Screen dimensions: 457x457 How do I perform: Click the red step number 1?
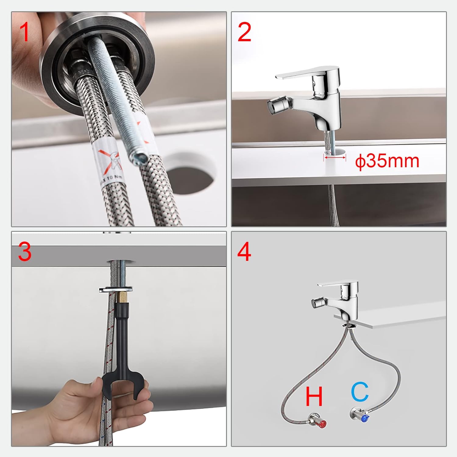pos(24,33)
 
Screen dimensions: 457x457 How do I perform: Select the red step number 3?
pos(24,252)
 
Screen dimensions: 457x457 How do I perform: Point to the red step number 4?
pos(244,252)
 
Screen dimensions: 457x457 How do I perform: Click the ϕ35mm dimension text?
pos(387,161)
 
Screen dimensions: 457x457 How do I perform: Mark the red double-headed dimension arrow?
pos(335,157)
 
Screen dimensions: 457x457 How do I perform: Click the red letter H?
pos(314,396)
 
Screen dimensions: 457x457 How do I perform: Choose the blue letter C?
pos(360,392)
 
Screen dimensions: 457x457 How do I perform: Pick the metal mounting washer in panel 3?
pos(116,289)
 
